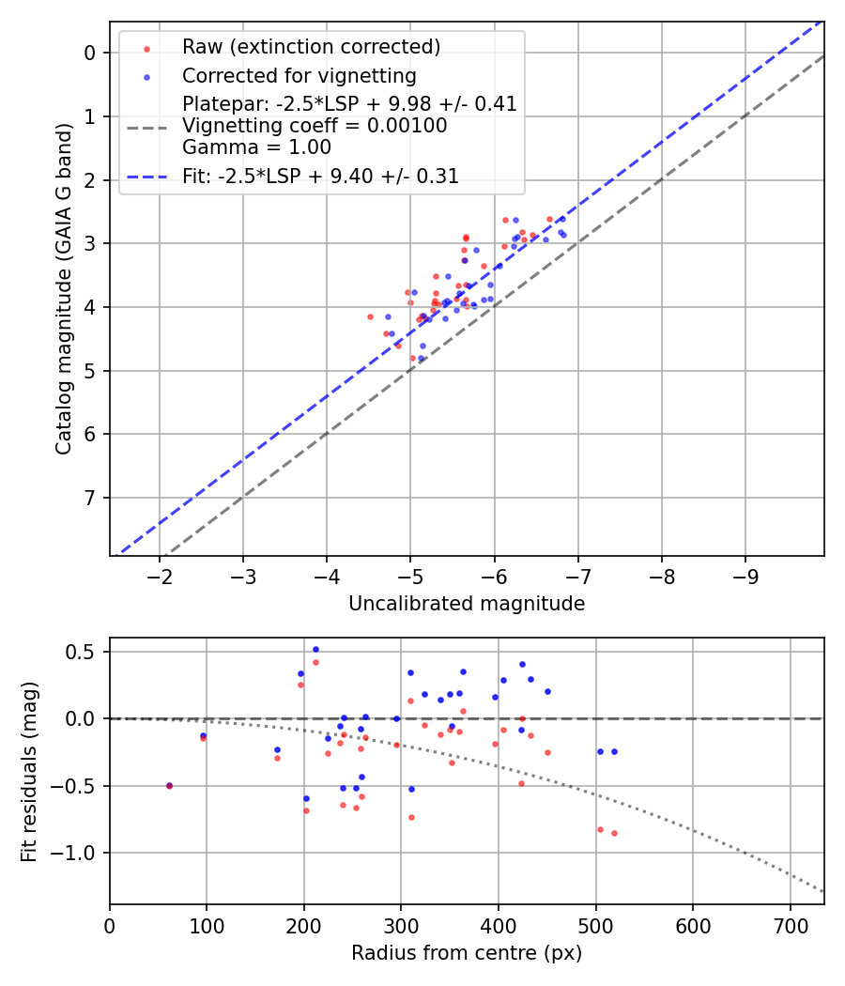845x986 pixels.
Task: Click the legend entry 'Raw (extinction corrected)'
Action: tap(311, 47)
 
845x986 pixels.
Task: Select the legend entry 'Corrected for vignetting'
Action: tap(299, 75)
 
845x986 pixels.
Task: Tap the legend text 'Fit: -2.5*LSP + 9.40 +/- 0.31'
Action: tap(320, 177)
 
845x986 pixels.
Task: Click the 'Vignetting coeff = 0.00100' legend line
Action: tap(315, 126)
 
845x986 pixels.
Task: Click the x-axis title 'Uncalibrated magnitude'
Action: tap(467, 604)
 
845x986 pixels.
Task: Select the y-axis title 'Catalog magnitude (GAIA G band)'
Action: tap(63, 288)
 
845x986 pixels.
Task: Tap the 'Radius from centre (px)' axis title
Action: tap(467, 953)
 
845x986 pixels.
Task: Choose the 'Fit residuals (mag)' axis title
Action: tap(29, 771)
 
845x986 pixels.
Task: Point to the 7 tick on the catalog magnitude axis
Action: tap(90, 498)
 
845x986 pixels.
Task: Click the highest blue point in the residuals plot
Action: tap(315, 649)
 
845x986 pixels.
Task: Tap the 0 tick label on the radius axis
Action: tap(110, 924)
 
